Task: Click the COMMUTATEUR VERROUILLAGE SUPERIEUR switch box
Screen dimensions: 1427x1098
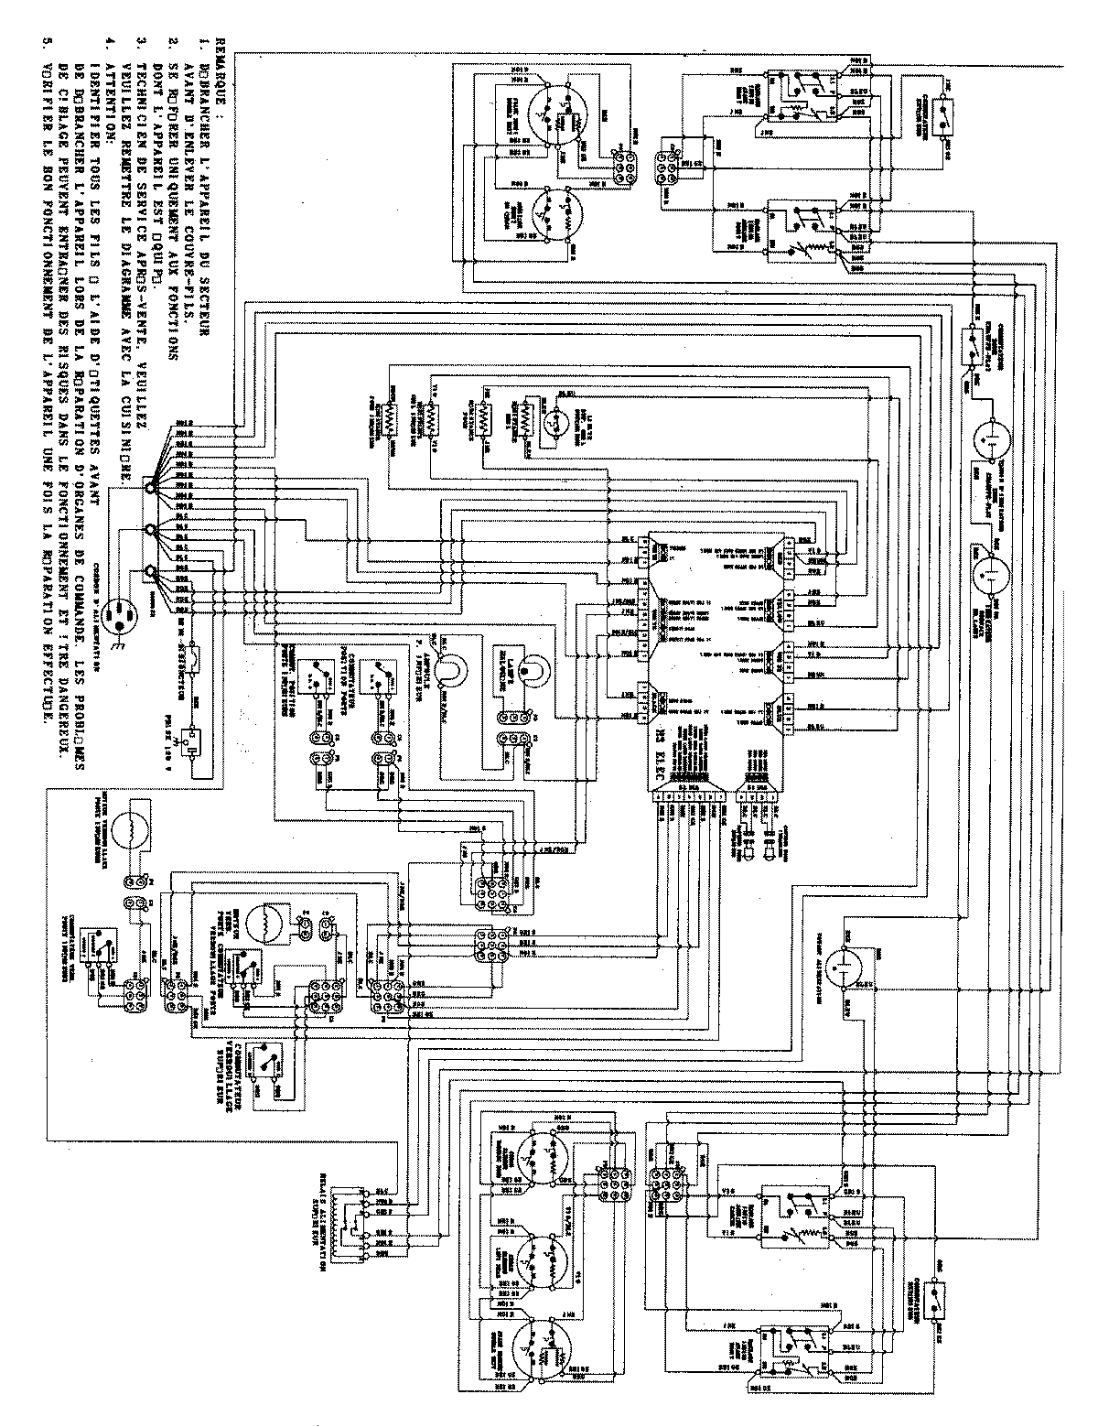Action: click(269, 1062)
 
